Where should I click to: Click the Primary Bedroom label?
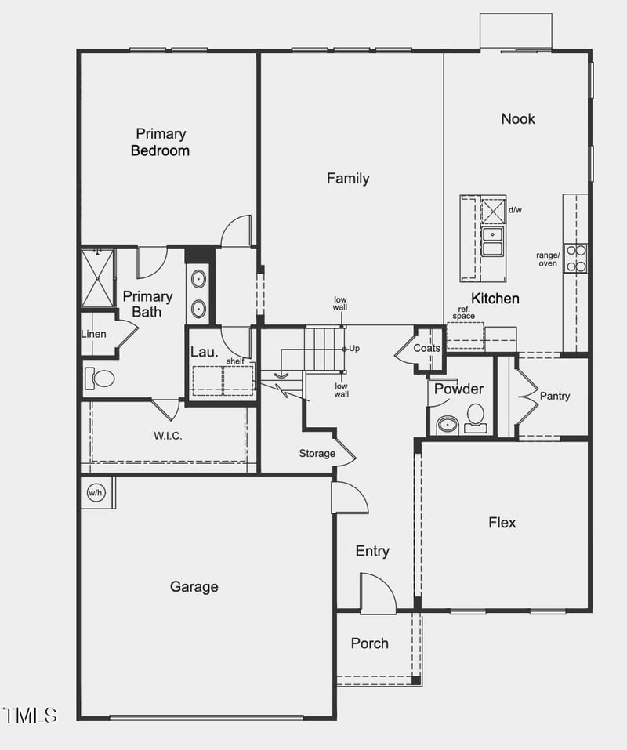point(160,142)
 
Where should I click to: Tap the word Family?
point(348,179)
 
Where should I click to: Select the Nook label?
point(518,118)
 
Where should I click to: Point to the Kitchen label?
point(495,299)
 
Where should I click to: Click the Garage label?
point(194,586)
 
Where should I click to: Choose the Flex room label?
point(502,522)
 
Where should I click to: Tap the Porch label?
point(369,643)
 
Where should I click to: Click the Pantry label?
point(555,397)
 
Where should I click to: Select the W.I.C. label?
point(168,436)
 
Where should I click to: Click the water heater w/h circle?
point(96,493)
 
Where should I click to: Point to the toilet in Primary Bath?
point(100,379)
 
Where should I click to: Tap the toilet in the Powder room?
point(476,415)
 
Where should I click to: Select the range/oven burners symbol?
point(575,259)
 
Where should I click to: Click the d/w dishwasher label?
point(515,210)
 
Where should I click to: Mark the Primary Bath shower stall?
point(98,277)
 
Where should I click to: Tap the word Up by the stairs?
point(354,348)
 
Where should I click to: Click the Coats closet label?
point(427,348)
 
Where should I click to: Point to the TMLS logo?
point(31,715)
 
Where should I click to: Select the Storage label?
point(317,454)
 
